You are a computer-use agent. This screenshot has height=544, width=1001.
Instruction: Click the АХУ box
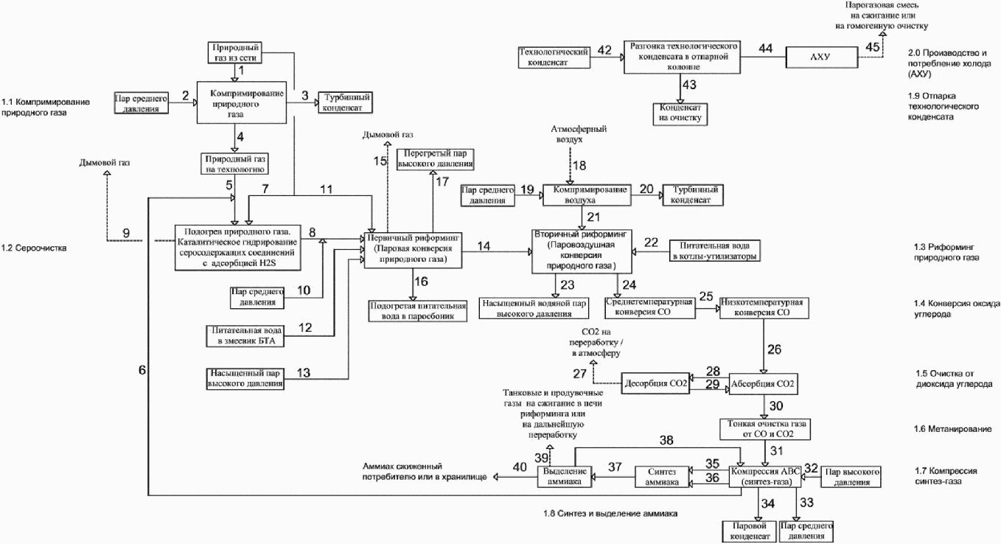822,57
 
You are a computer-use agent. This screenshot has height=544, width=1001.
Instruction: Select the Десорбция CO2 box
655,383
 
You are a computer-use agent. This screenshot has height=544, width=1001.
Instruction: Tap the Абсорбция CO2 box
763,384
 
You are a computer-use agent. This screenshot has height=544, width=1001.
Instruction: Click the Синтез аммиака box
662,477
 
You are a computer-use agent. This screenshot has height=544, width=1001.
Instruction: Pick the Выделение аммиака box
565,476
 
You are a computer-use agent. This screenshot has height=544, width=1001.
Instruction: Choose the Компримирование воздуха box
587,195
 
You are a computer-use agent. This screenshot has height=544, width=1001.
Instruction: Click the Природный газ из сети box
235,53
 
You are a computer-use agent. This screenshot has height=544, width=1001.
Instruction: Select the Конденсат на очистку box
680,114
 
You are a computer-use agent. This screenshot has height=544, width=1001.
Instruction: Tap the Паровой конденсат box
750,531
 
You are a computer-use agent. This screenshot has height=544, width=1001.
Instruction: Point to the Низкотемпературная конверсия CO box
764,307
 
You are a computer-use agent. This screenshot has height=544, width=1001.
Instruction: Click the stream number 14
484,246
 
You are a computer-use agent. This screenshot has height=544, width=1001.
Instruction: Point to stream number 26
775,349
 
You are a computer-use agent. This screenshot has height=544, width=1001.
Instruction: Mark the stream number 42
604,50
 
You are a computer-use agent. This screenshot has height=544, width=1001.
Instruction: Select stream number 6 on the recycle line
142,370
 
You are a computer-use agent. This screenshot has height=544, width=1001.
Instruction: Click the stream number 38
666,440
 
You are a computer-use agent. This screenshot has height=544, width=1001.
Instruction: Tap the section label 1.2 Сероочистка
33,248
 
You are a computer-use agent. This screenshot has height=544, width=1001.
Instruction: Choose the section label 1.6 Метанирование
952,429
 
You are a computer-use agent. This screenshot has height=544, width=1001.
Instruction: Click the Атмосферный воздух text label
578,134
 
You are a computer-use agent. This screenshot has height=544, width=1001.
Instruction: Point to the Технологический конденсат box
554,57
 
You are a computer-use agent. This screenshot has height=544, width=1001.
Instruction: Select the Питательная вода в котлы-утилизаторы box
714,251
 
